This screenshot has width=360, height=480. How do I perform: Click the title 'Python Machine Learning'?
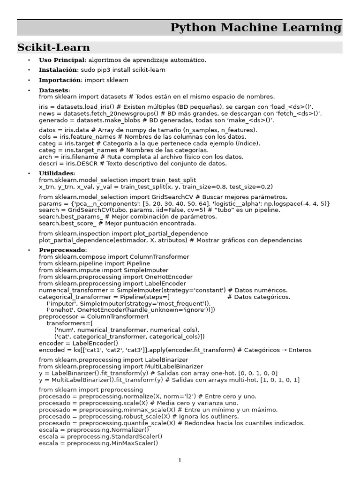tap(256, 28)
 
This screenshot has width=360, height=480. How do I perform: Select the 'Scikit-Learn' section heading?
tap(53, 48)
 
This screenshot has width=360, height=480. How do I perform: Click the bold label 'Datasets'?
tap(54, 90)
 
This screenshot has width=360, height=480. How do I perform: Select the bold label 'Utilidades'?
tap(56, 173)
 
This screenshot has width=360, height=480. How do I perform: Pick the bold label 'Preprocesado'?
tap(62, 250)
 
